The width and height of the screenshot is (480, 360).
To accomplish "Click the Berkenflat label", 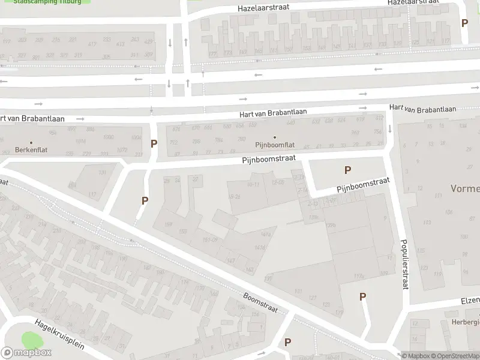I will [x=31, y=150].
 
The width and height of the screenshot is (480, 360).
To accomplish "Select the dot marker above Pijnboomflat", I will [x=275, y=137].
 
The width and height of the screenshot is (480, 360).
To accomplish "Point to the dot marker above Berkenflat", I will [x=31, y=143].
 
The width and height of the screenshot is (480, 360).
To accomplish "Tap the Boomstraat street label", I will [x=260, y=302].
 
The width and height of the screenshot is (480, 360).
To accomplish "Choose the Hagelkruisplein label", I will [x=59, y=334].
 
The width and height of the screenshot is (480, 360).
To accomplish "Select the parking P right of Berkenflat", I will [x=154, y=144].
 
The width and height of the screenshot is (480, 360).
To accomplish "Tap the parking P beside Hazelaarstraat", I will [x=464, y=23].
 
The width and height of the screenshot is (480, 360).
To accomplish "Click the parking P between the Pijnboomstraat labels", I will [x=347, y=170].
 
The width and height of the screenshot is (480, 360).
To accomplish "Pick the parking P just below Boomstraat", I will [x=287, y=342].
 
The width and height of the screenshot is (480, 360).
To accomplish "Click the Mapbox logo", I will [x=26, y=353].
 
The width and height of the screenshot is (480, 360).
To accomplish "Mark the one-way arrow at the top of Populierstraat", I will [x=390, y=128].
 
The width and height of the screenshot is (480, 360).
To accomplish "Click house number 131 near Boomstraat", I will [x=298, y=292].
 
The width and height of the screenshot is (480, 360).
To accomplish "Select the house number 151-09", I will [x=210, y=240].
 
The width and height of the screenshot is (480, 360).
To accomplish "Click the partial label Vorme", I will [x=465, y=189].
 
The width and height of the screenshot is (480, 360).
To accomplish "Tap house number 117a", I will [x=359, y=276].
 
